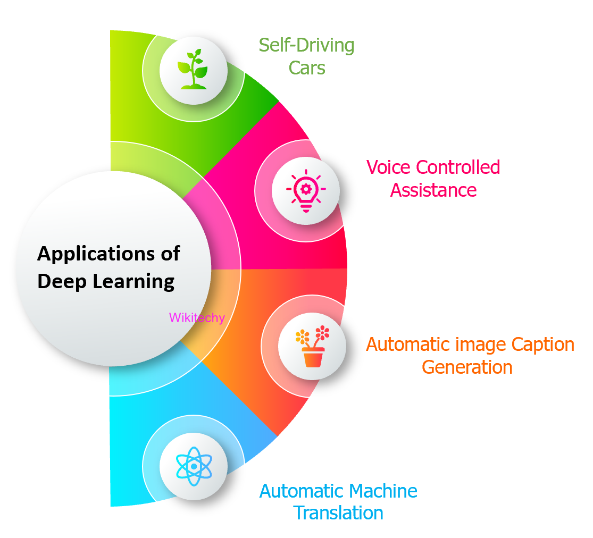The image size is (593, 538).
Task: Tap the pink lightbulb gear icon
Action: point(306,190)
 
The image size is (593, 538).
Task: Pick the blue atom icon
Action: point(194,466)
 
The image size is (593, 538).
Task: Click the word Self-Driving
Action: point(306,46)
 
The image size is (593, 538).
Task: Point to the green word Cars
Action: point(307,68)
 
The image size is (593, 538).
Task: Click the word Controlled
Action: point(458,167)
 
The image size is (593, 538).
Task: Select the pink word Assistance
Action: point(433,190)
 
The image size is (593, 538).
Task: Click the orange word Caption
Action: point(542,345)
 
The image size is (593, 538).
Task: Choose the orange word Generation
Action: point(467,367)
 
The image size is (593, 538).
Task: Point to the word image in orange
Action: point(481,346)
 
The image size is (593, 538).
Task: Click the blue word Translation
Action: point(338,513)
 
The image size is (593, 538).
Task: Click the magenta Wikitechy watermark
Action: point(197,318)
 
